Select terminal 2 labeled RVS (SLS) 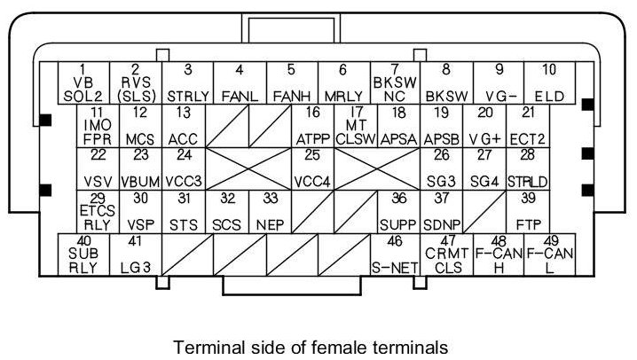pyautogui.click(x=135, y=82)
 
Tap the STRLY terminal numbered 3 pyautogui.click(x=187, y=82)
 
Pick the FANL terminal pyautogui.click(x=240, y=82)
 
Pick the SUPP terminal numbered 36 pyautogui.click(x=398, y=211)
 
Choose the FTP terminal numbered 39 pyautogui.click(x=529, y=211)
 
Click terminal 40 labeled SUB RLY pyautogui.click(x=83, y=255)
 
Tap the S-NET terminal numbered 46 pyautogui.click(x=395, y=255)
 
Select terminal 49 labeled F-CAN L pyautogui.click(x=550, y=255)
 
